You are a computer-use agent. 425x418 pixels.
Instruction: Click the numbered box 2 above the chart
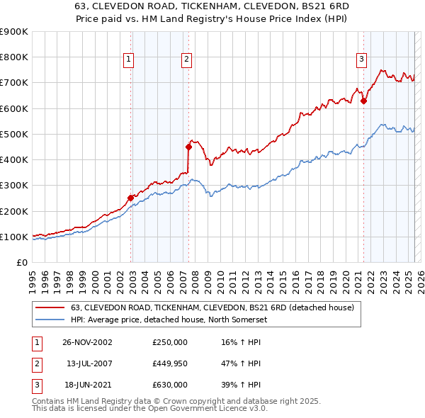pyautogui.click(x=186, y=60)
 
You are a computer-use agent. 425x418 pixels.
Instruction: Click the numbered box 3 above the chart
pyautogui.click(x=361, y=60)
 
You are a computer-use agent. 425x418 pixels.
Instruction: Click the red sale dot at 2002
pyautogui.click(x=131, y=198)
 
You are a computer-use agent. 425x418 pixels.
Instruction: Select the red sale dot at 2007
pyautogui.click(x=189, y=147)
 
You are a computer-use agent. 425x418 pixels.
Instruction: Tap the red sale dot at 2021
pyautogui.click(x=363, y=101)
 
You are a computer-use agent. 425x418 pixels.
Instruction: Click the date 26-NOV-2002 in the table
pyautogui.click(x=88, y=342)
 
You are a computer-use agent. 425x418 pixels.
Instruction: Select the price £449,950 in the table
pyautogui.click(x=170, y=363)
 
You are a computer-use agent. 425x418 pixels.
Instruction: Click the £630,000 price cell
pyautogui.click(x=170, y=385)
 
